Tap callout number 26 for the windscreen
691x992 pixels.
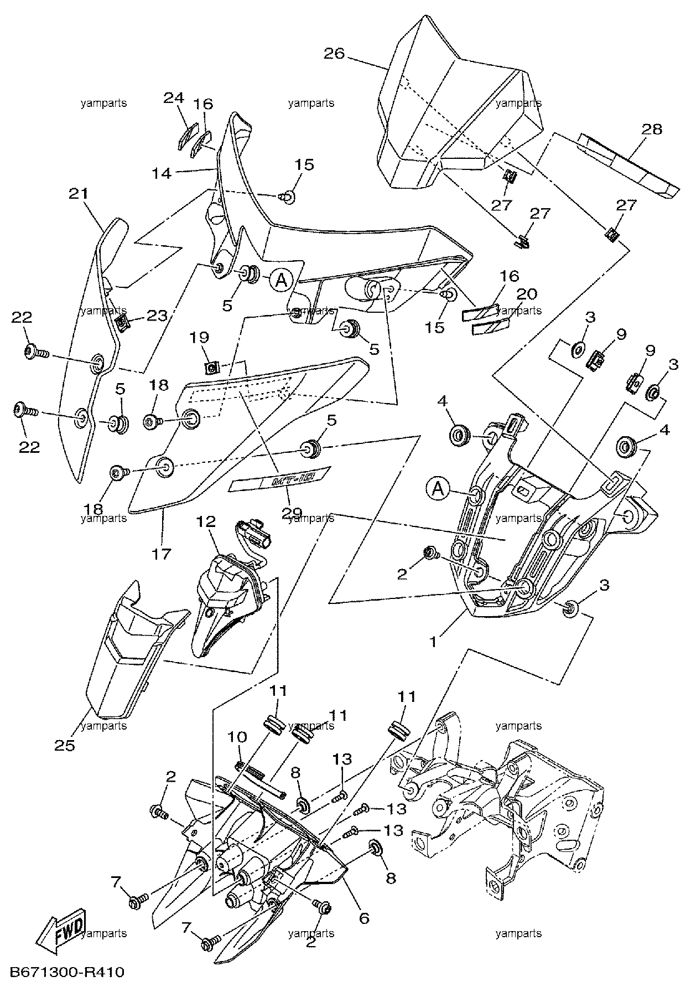[334, 54]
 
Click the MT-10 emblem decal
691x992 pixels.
[280, 478]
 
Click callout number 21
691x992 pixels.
[79, 193]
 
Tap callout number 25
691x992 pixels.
[65, 745]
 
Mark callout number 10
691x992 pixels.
[238, 737]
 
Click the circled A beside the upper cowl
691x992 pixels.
[281, 281]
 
